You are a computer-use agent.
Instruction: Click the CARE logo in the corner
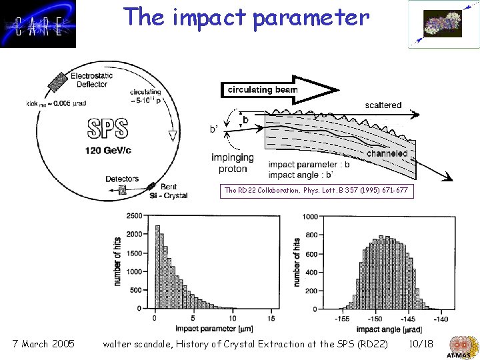pyautogui.click(x=38, y=25)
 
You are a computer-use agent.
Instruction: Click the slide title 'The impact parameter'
pyautogui.click(x=246, y=17)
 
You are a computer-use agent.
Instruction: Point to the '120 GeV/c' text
pyautogui.click(x=109, y=150)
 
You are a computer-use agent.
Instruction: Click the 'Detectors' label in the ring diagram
pyautogui.click(x=122, y=179)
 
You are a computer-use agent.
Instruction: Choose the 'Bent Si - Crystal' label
pyautogui.click(x=172, y=192)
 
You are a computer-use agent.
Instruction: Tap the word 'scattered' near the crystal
pyautogui.click(x=383, y=105)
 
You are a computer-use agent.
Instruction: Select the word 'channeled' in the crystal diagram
pyautogui.click(x=387, y=153)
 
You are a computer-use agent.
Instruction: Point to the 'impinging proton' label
pyautogui.click(x=232, y=163)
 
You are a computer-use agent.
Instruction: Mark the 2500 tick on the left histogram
pyautogui.click(x=133, y=216)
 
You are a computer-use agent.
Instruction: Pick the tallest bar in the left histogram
pyautogui.click(x=157, y=267)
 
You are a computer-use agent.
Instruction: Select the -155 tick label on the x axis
pyautogui.click(x=343, y=319)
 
